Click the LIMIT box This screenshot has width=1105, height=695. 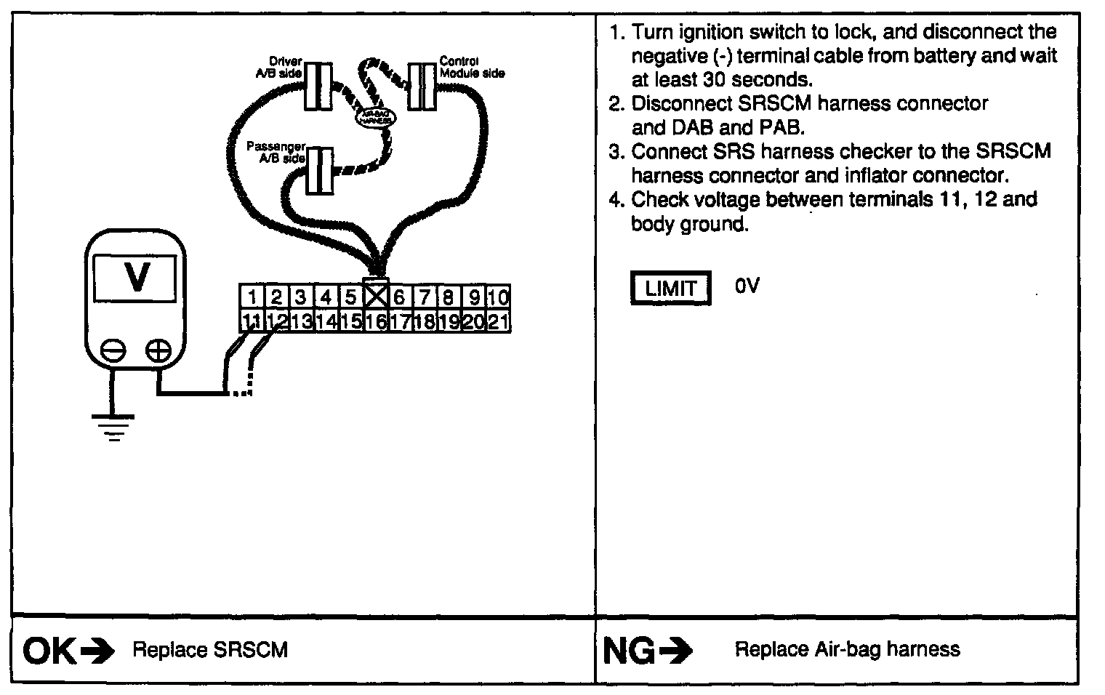(670, 289)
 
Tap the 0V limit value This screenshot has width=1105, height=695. (747, 286)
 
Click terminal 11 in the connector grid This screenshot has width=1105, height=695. (251, 321)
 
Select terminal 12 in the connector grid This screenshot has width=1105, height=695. (276, 321)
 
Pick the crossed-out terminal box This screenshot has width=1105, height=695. (376, 296)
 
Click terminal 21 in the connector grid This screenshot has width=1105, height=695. (498, 321)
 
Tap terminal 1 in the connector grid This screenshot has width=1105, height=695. (252, 297)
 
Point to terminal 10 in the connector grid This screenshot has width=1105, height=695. (499, 297)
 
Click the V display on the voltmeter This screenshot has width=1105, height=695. (136, 277)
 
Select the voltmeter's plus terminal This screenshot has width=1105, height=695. (158, 351)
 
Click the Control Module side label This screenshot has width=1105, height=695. (471, 67)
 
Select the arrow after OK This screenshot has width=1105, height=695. (97, 651)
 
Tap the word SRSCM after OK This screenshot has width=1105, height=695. (251, 650)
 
